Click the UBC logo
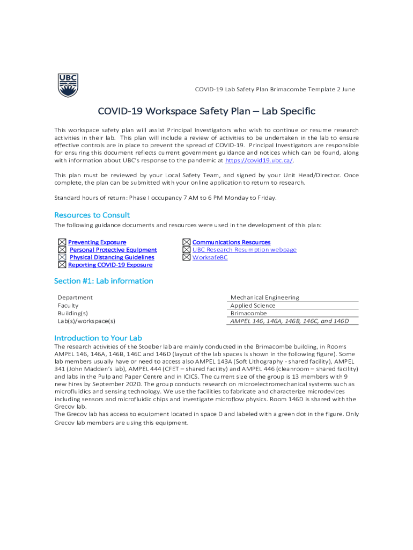(68, 85)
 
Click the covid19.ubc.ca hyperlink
(259, 160)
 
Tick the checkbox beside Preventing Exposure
(62, 243)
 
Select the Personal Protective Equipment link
(113, 250)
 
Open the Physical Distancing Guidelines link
(112, 257)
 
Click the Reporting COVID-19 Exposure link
(110, 265)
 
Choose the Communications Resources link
(231, 243)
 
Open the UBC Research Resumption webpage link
(244, 250)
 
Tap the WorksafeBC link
(210, 257)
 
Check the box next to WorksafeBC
(186, 257)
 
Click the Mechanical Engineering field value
(265, 298)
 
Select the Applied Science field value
(253, 306)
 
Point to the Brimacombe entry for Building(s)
(248, 313)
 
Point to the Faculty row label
(68, 306)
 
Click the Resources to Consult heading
(92, 215)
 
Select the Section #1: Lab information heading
(104, 281)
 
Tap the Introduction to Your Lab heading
(98, 338)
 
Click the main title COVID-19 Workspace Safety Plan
(206, 111)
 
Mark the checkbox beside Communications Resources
(186, 243)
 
